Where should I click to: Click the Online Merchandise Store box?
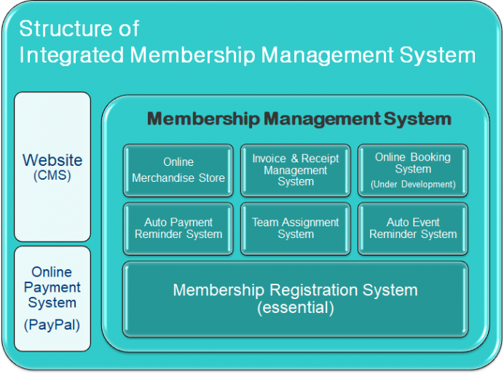pyautogui.click(x=178, y=170)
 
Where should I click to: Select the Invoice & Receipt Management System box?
pyautogui.click(x=296, y=170)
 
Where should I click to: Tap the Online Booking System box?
pyautogui.click(x=413, y=170)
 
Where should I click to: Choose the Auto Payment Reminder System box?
pyautogui.click(x=178, y=228)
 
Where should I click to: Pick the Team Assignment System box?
pyautogui.click(x=296, y=228)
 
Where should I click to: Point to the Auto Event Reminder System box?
pyautogui.click(x=413, y=228)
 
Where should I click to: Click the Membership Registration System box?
pyautogui.click(x=296, y=299)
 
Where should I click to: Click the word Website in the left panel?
pyautogui.click(x=52, y=160)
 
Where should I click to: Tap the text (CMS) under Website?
pyautogui.click(x=52, y=175)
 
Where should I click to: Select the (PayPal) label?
pyautogui.click(x=52, y=325)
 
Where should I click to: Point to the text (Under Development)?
pyautogui.click(x=413, y=184)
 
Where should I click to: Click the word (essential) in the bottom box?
pyautogui.click(x=296, y=308)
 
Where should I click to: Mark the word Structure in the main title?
pyautogui.click(x=66, y=28)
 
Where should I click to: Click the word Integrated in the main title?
pyautogui.click(x=71, y=55)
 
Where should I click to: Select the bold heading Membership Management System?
pyautogui.click(x=299, y=119)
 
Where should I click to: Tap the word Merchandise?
pyautogui.click(x=163, y=178)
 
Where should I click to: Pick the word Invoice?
pyautogui.click(x=269, y=159)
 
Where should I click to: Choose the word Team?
pyautogui.click(x=265, y=222)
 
